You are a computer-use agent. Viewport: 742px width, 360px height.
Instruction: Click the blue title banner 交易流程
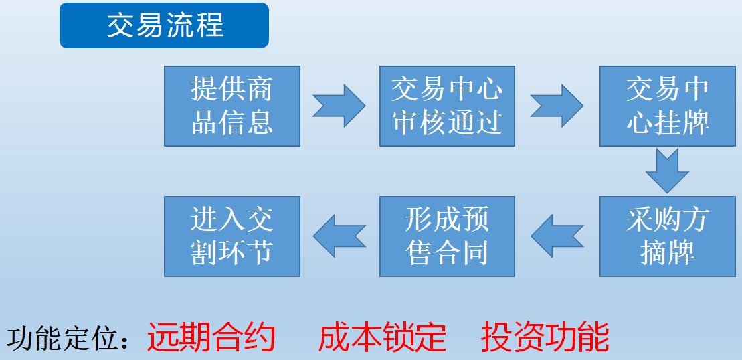click(164, 25)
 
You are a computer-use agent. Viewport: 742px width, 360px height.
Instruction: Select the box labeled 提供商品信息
click(232, 106)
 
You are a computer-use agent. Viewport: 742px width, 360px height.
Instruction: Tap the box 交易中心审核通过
click(447, 106)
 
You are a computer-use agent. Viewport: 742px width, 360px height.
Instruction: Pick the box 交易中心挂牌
click(668, 106)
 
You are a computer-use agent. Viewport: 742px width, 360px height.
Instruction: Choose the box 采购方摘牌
click(668, 236)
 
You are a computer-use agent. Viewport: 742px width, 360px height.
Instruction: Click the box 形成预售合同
click(447, 236)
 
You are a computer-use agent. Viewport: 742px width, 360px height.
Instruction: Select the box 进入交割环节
click(232, 236)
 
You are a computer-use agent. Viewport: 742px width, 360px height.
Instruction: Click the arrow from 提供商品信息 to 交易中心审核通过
click(339, 106)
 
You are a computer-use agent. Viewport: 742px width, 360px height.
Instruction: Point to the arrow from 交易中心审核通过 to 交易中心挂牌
click(557, 106)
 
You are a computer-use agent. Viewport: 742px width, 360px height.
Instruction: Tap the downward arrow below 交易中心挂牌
click(667, 171)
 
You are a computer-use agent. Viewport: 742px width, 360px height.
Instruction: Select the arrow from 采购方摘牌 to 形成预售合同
click(557, 236)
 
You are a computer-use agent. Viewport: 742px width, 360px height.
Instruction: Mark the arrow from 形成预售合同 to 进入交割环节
click(339, 236)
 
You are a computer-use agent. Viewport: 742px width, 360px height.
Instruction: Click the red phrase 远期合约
click(211, 337)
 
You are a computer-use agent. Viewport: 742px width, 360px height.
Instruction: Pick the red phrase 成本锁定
click(382, 337)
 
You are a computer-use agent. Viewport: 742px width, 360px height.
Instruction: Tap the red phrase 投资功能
click(545, 337)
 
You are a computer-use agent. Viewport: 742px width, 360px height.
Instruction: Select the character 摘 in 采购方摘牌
click(654, 253)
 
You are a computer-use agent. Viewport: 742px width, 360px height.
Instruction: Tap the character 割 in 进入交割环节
click(205, 253)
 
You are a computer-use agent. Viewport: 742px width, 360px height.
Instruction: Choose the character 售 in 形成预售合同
click(420, 253)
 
